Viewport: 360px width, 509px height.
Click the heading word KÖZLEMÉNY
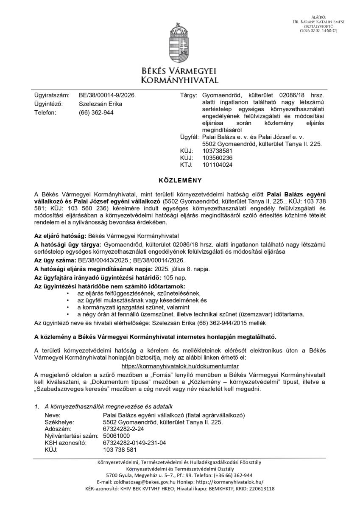[x=180, y=180]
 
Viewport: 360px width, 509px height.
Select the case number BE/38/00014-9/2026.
[x=107, y=96]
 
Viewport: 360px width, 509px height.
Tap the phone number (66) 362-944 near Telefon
[x=96, y=112]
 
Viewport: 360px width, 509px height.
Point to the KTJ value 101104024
[x=218, y=165]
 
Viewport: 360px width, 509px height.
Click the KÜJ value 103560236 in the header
[x=218, y=158]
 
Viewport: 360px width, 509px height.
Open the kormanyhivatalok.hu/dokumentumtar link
[x=180, y=366]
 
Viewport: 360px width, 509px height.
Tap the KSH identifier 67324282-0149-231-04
[x=134, y=442]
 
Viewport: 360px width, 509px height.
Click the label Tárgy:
[x=188, y=96]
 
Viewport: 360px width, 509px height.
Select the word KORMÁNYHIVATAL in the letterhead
[x=180, y=80]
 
